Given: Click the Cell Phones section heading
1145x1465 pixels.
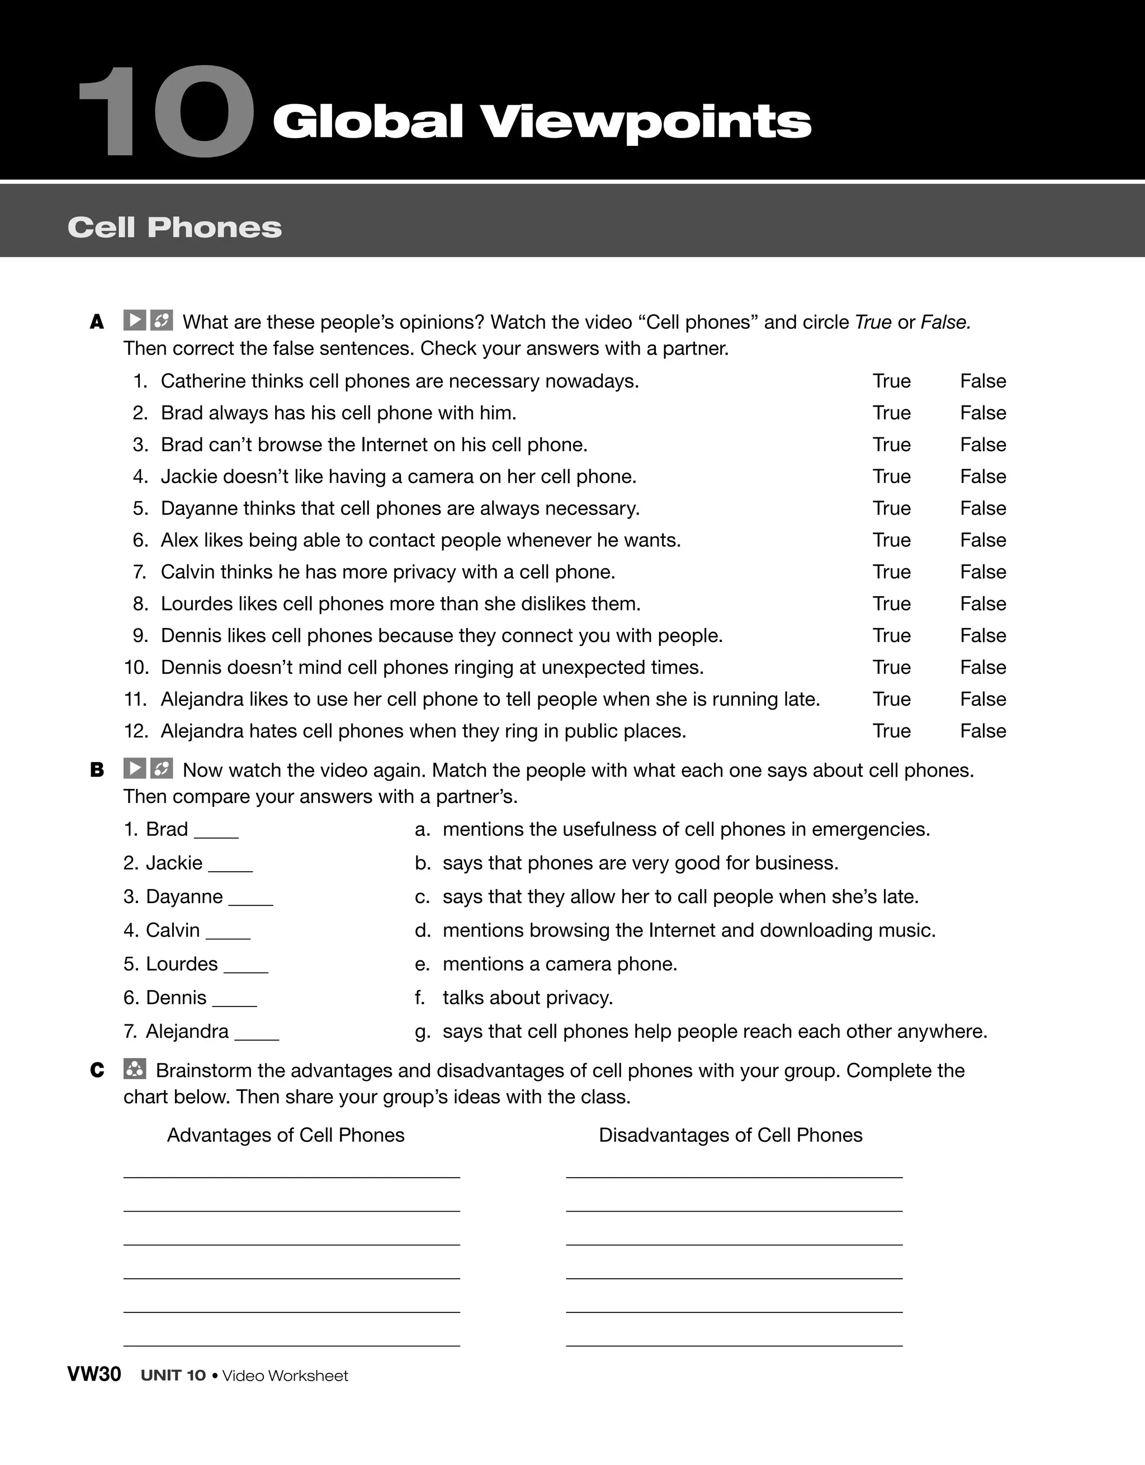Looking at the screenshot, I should pos(174,228).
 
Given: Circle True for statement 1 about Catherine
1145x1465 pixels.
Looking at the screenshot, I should pos(891,381).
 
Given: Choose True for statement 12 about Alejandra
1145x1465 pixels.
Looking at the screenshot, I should pos(891,731).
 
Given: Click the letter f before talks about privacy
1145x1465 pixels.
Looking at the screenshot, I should pos(419,998).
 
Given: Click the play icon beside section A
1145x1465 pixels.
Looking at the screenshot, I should pos(135,320).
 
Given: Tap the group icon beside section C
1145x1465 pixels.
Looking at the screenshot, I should pos(135,1069).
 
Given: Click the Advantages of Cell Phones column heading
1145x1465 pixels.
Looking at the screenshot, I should pos(286,1135).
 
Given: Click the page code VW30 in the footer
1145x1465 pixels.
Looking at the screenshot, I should pos(94,1374).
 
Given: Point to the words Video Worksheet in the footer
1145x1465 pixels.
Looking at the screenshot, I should pos(285,1376).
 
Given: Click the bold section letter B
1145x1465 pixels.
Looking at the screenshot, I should pos(97,770).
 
